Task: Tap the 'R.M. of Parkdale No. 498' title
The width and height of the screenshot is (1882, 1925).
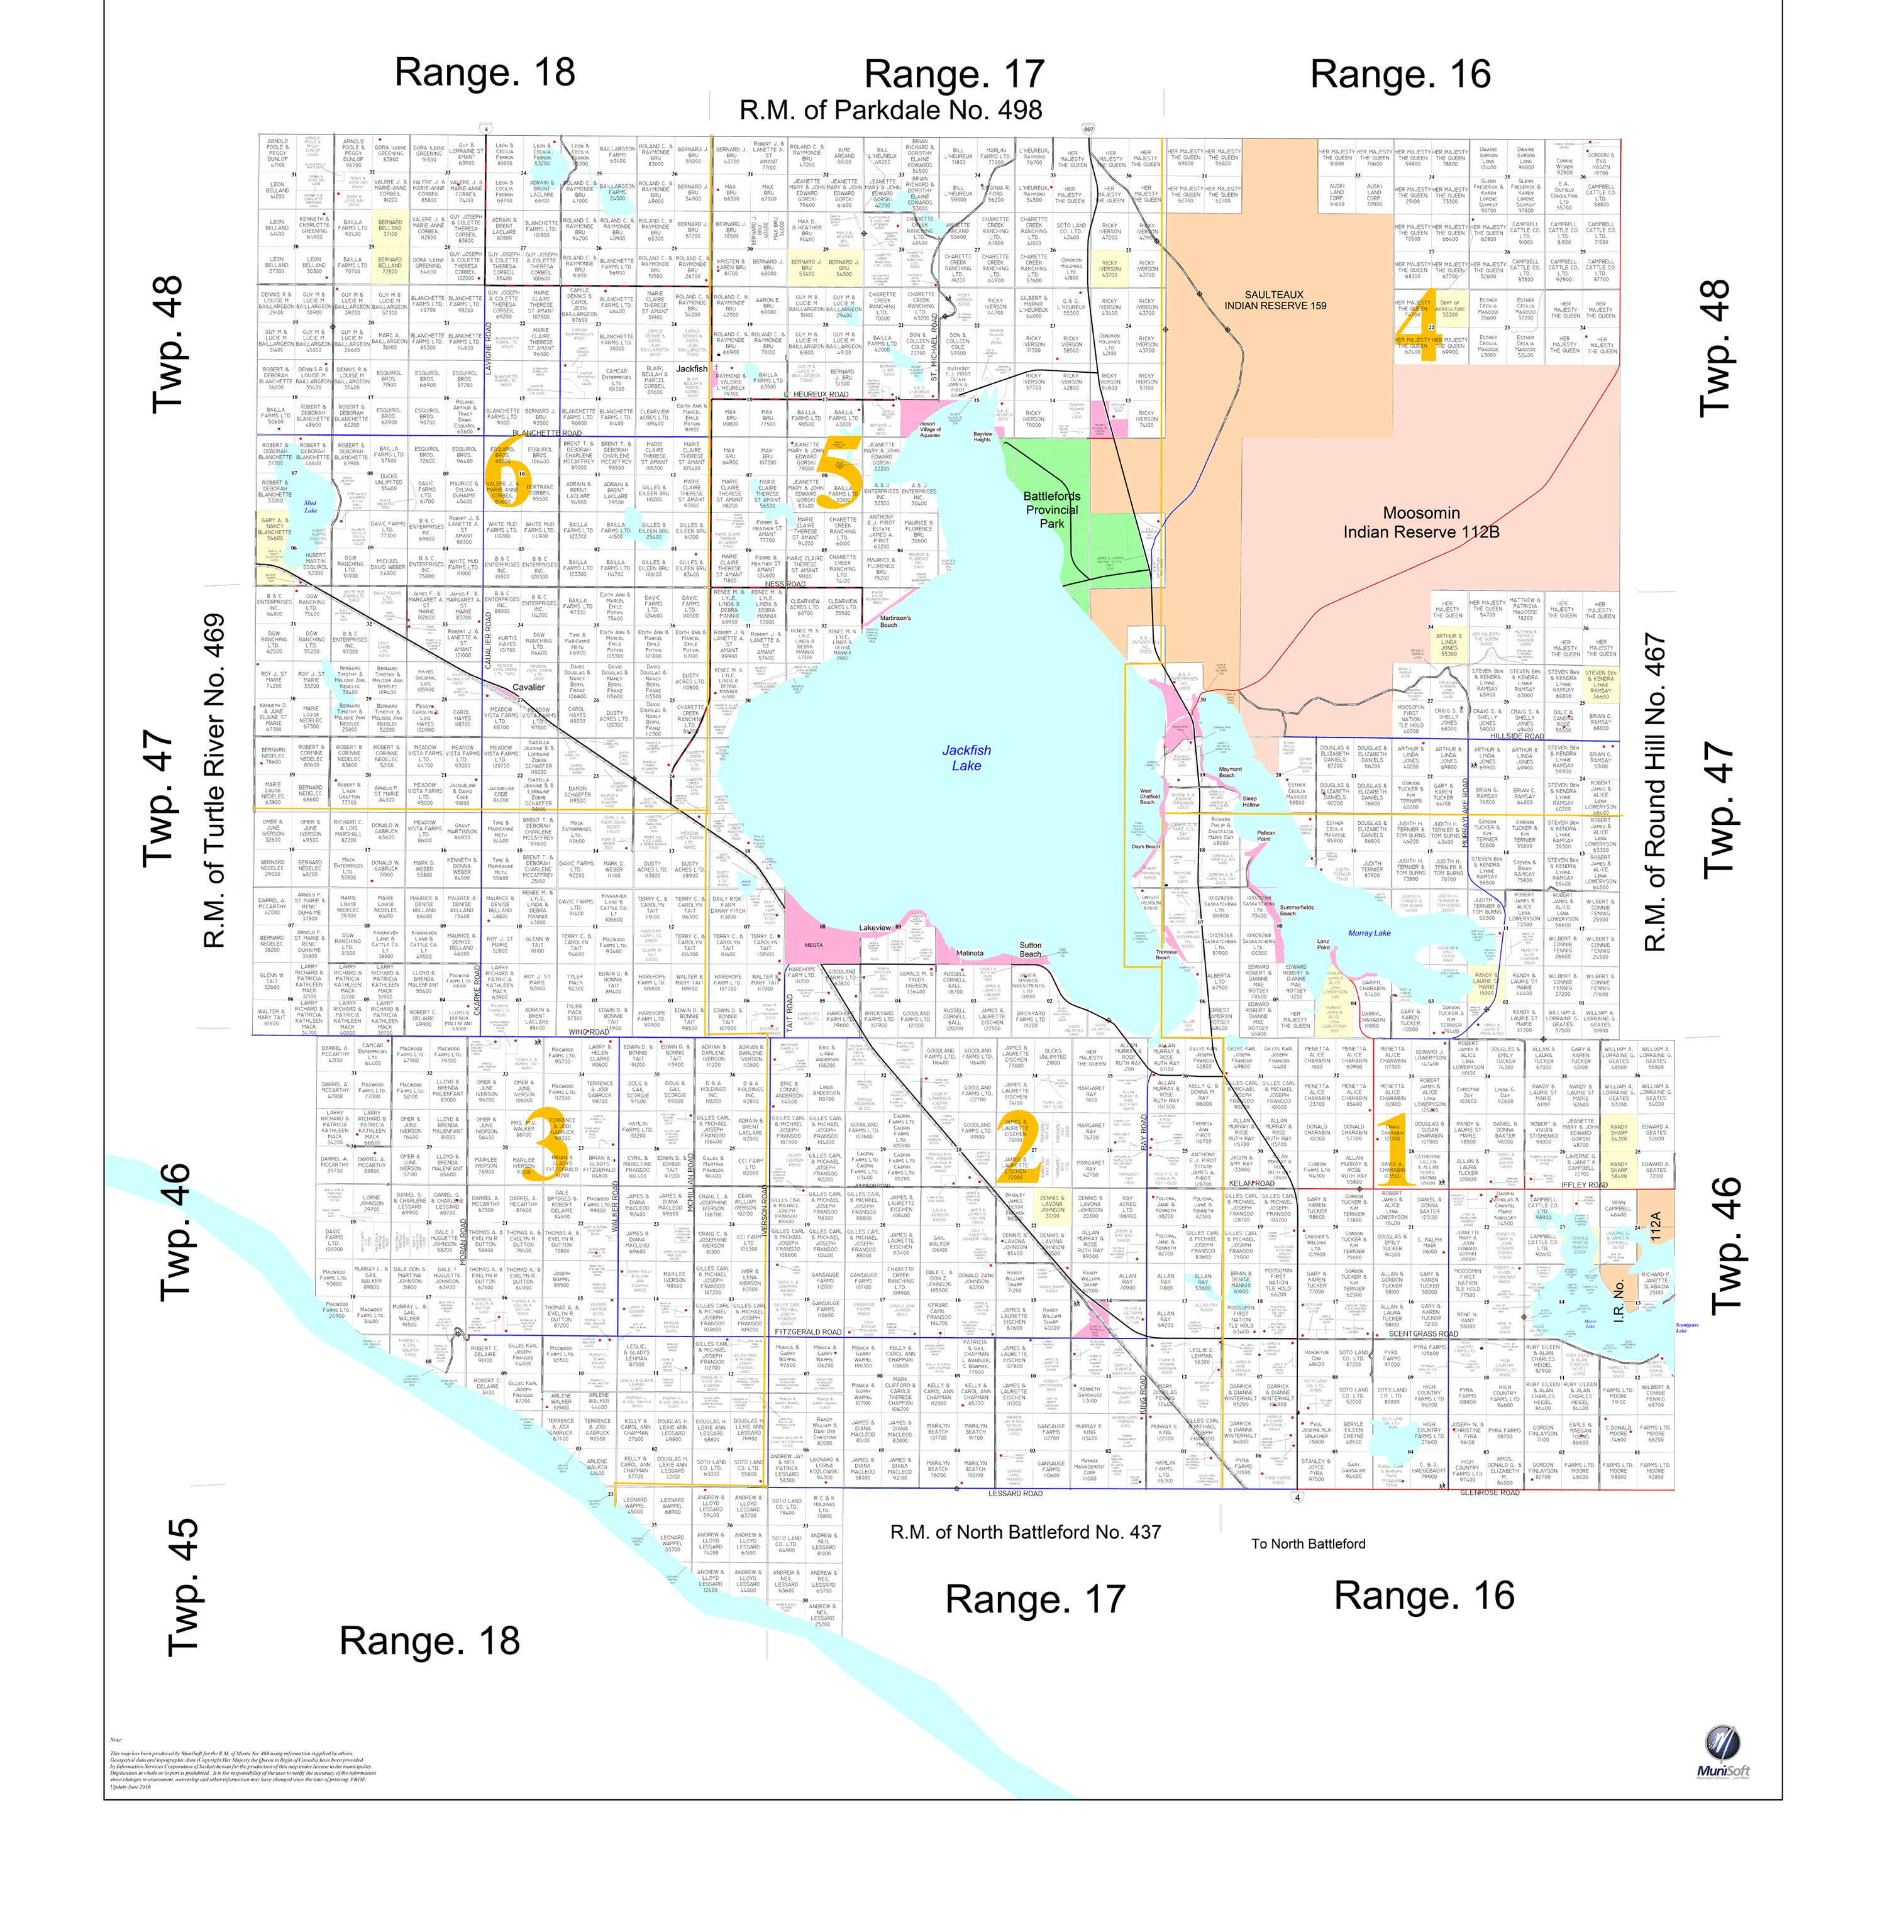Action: click(x=890, y=109)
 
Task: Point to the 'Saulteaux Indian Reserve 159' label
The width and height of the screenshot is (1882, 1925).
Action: click(x=1274, y=299)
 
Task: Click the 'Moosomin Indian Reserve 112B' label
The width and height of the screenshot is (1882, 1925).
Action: click(x=1420, y=522)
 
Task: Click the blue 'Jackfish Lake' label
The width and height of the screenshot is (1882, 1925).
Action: click(x=966, y=758)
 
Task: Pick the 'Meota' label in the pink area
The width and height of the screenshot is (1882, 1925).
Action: click(x=814, y=945)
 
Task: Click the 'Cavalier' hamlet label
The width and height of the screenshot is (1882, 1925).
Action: click(x=529, y=687)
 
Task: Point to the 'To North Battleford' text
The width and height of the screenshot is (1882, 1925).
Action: click(x=1308, y=1543)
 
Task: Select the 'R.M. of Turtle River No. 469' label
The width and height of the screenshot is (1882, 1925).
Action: click(x=214, y=781)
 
